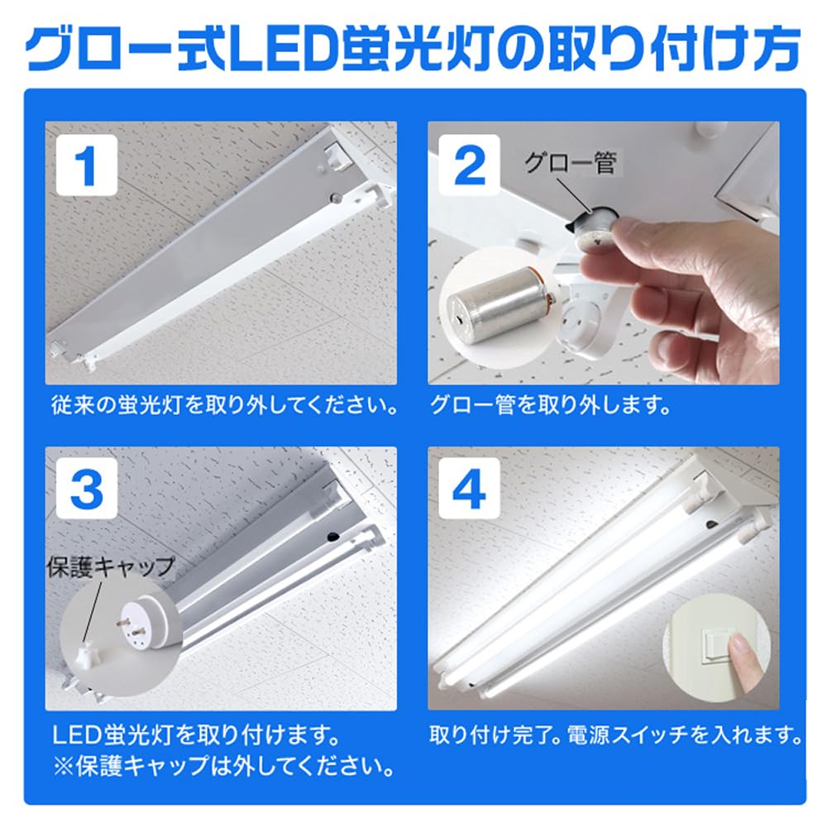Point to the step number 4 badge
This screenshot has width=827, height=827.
pyautogui.click(x=470, y=490)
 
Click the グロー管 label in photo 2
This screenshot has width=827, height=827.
pyautogui.click(x=571, y=163)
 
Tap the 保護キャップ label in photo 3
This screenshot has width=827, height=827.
pyautogui.click(x=112, y=566)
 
